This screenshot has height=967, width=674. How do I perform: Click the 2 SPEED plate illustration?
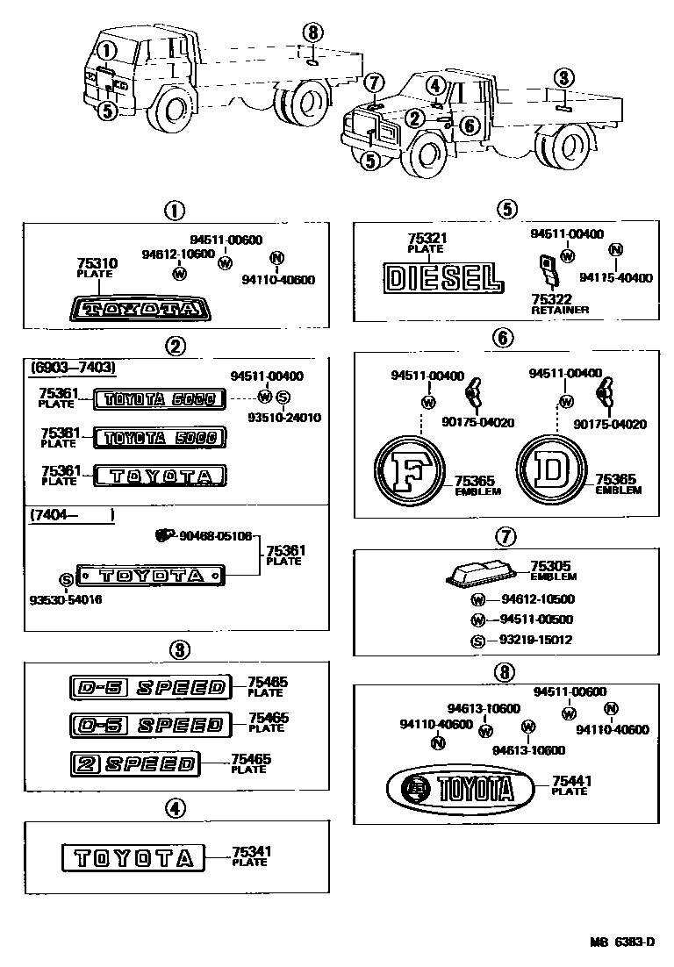pos(133,763)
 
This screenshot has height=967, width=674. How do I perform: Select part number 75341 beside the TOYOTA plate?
pos(251,850)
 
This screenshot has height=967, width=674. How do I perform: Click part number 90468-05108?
pos(215,535)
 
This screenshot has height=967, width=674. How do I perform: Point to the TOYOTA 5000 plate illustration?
pos(159,436)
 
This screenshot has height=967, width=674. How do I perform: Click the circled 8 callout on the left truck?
pos(312,34)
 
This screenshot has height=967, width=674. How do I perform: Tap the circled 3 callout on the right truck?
pos(563,77)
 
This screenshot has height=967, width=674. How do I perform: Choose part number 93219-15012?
pos(535,640)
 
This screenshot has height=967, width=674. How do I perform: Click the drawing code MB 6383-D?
pos(620,942)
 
